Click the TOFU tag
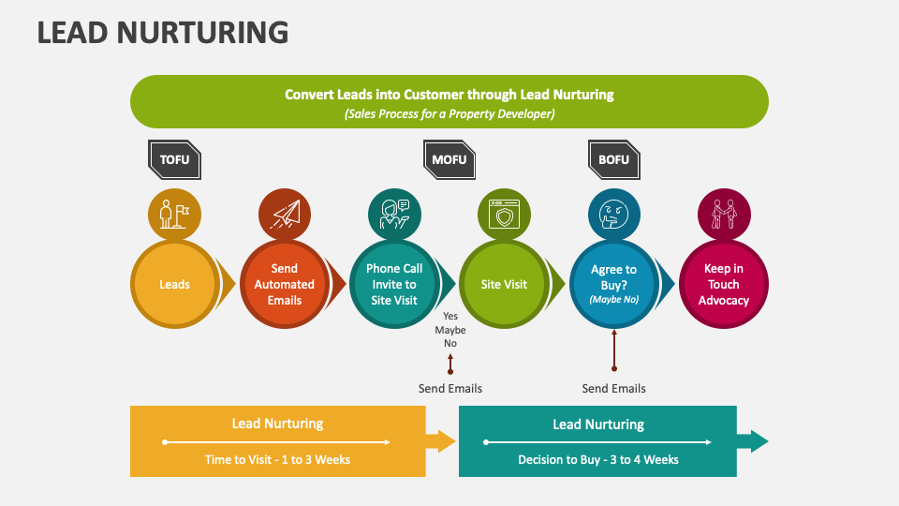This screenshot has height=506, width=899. [174, 159]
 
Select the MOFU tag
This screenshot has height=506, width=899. [449, 159]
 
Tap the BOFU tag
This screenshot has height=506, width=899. [613, 159]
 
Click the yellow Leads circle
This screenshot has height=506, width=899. [174, 284]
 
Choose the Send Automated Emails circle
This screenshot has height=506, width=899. [285, 284]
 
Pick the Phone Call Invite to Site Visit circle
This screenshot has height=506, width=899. [394, 284]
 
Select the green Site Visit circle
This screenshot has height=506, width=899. [504, 284]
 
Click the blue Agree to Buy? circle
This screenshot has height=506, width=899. [613, 284]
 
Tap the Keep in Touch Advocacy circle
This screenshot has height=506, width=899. [723, 284]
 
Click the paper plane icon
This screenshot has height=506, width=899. [285, 215]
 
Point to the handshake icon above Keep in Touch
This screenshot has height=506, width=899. [723, 215]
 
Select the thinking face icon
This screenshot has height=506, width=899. [613, 215]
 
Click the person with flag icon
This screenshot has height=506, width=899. [174, 215]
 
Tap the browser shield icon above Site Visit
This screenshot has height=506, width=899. [504, 215]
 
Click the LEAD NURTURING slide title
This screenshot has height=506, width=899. [163, 33]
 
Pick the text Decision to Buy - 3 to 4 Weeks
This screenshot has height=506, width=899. [597, 459]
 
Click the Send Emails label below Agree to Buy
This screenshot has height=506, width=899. [613, 388]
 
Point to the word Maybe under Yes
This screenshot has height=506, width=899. [450, 330]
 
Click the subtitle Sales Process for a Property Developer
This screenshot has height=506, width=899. [449, 113]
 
